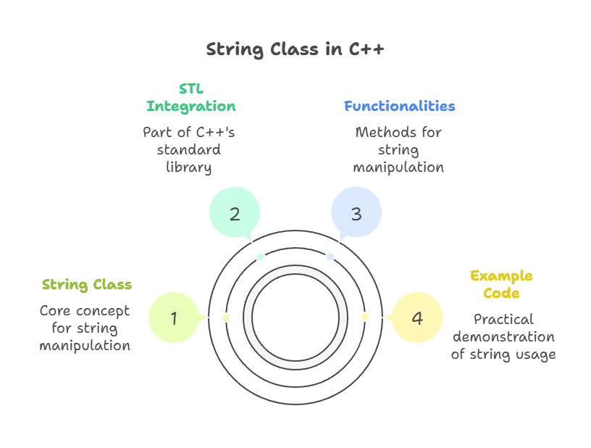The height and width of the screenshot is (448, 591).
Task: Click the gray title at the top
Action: [295, 50]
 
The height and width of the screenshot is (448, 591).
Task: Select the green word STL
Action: [191, 89]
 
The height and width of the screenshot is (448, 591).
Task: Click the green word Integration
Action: [191, 106]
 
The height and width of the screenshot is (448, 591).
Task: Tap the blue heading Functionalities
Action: [399, 106]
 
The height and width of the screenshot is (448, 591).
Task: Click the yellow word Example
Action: [501, 277]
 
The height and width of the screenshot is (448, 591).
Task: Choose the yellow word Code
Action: [501, 294]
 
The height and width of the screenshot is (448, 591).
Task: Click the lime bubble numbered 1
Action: [174, 318]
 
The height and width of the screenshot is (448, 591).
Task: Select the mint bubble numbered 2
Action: [235, 214]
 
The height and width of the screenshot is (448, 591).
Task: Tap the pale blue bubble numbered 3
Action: [356, 214]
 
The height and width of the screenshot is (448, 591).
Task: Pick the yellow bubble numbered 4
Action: [416, 318]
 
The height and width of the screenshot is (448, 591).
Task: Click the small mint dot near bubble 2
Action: [261, 257]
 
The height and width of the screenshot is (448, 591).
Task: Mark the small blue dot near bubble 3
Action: [330, 257]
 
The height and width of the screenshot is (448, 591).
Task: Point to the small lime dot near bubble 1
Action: [226, 318]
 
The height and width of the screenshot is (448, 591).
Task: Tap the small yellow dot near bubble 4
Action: [364, 318]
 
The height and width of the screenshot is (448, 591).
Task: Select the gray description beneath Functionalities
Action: [399, 150]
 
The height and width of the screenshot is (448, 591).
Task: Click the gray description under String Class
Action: [85, 328]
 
